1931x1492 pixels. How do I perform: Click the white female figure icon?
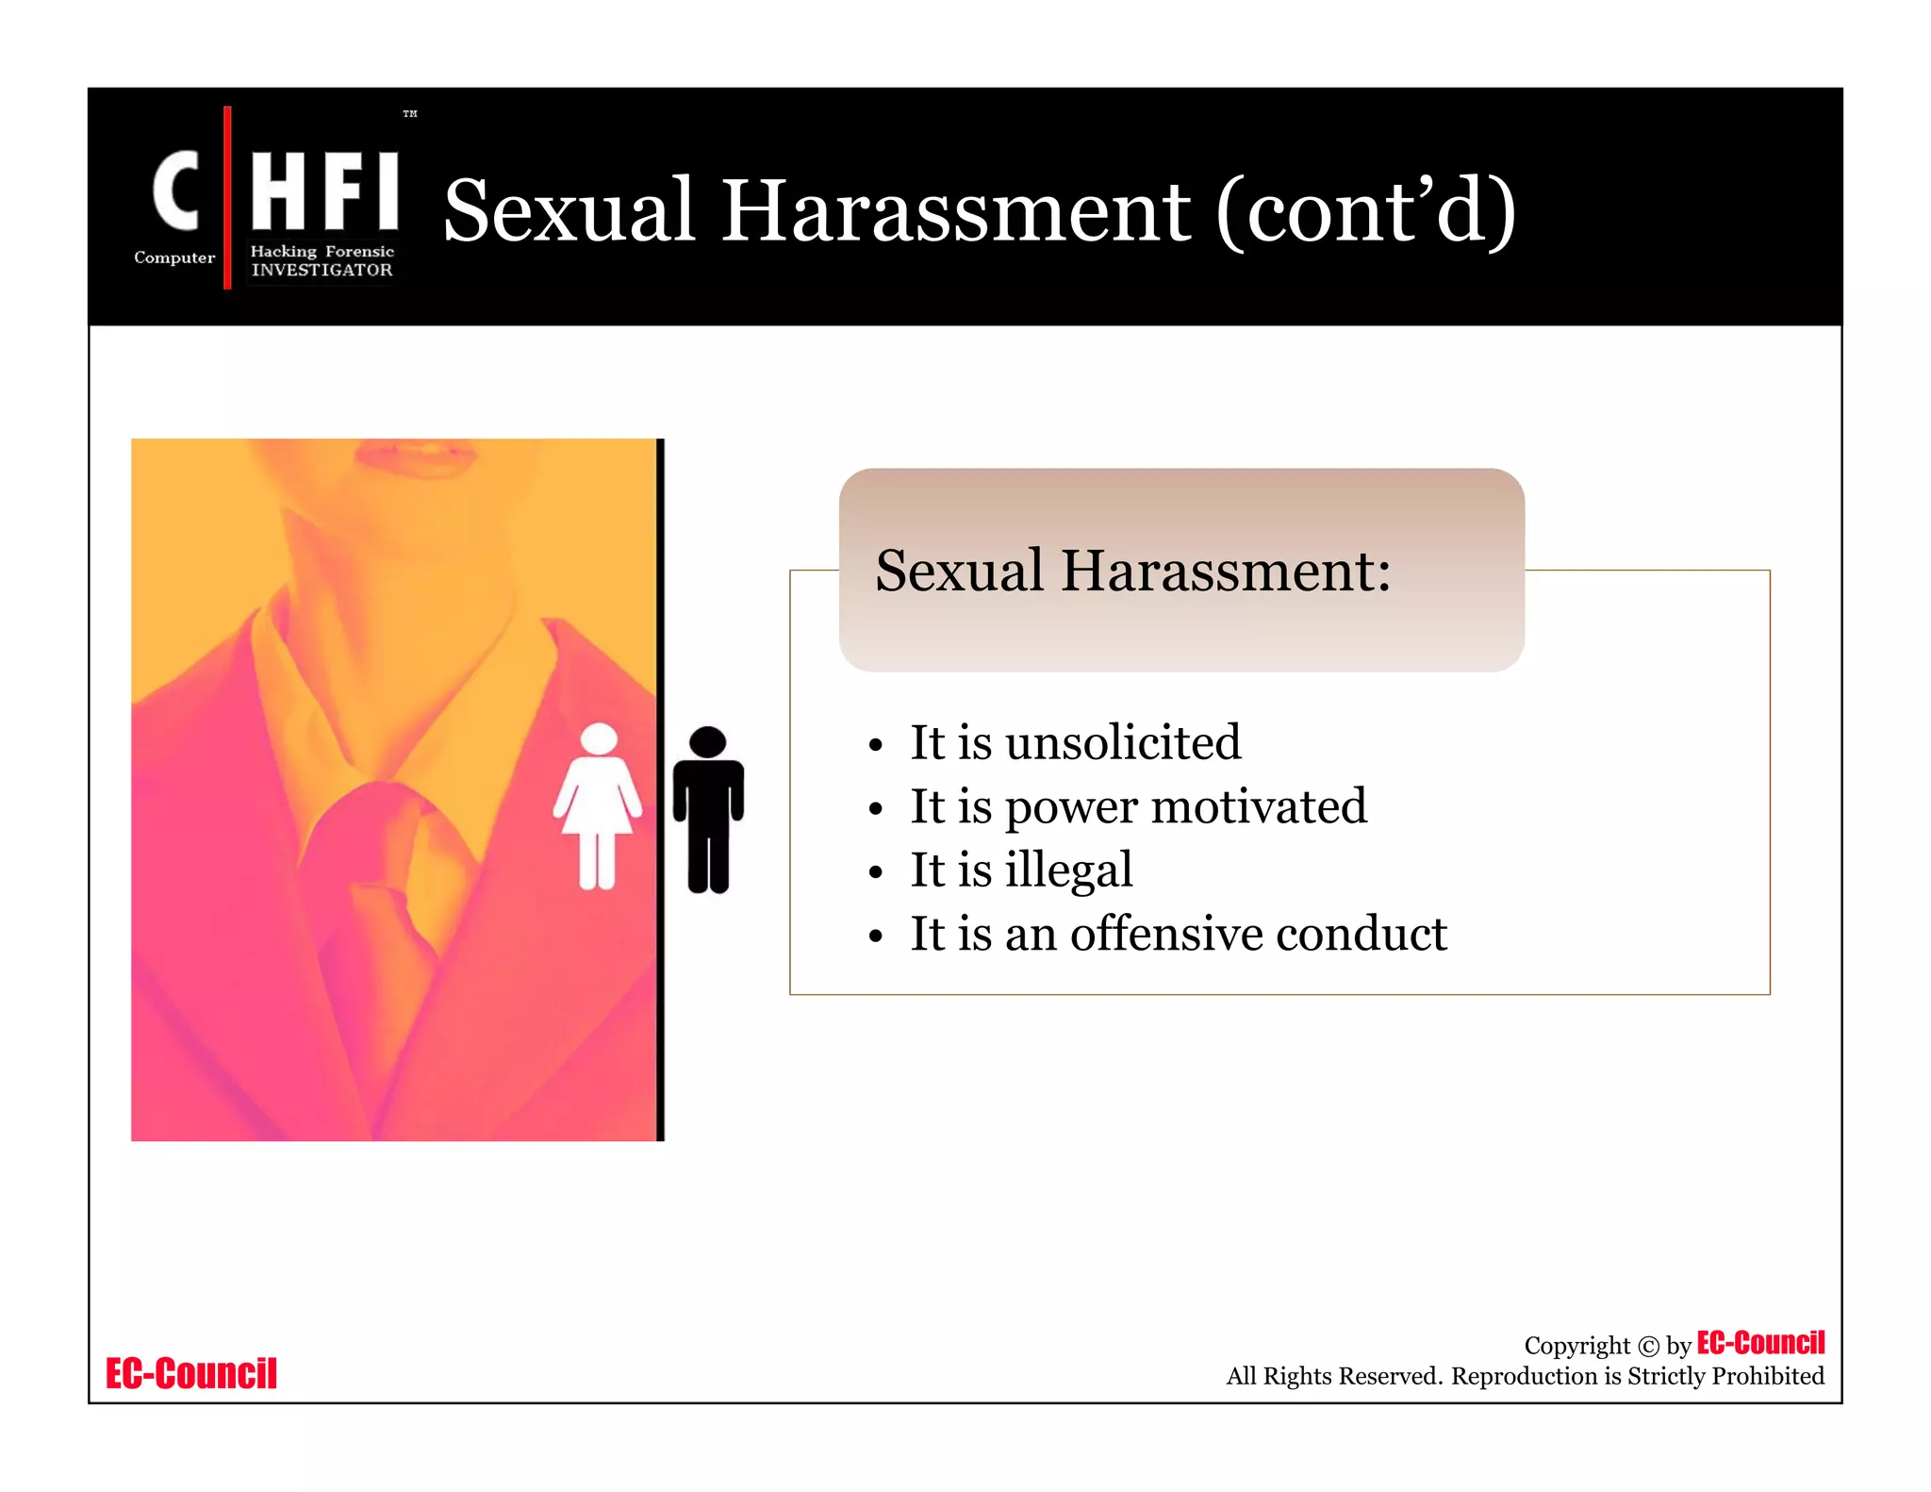pos(598,806)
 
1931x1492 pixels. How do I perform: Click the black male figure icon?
pos(708,809)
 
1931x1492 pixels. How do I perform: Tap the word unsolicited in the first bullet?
pos(1123,743)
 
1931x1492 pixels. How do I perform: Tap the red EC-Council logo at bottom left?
pos(191,1374)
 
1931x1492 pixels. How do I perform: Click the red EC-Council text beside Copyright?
pos(1760,1343)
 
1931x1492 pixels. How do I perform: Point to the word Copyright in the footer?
pos(1576,1346)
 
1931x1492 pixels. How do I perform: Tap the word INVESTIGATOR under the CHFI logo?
pos(322,270)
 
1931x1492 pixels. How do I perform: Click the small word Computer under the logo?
pos(174,257)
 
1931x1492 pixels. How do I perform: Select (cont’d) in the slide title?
pos(1366,211)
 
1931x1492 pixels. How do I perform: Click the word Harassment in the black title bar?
pos(955,211)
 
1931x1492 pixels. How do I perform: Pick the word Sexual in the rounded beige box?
pos(959,572)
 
